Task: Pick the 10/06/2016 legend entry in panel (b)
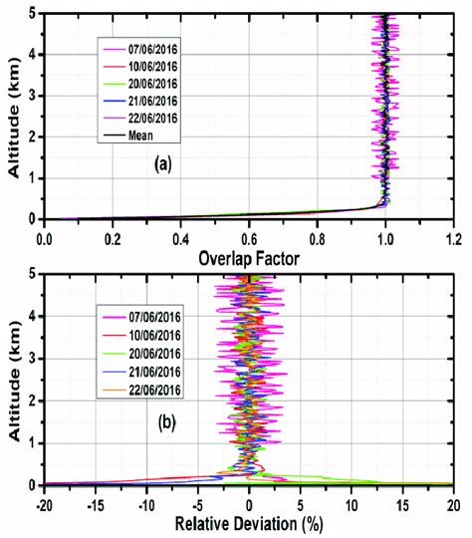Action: [x=138, y=334]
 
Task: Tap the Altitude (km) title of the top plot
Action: [x=12, y=116]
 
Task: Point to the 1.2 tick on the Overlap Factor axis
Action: [x=453, y=239]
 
